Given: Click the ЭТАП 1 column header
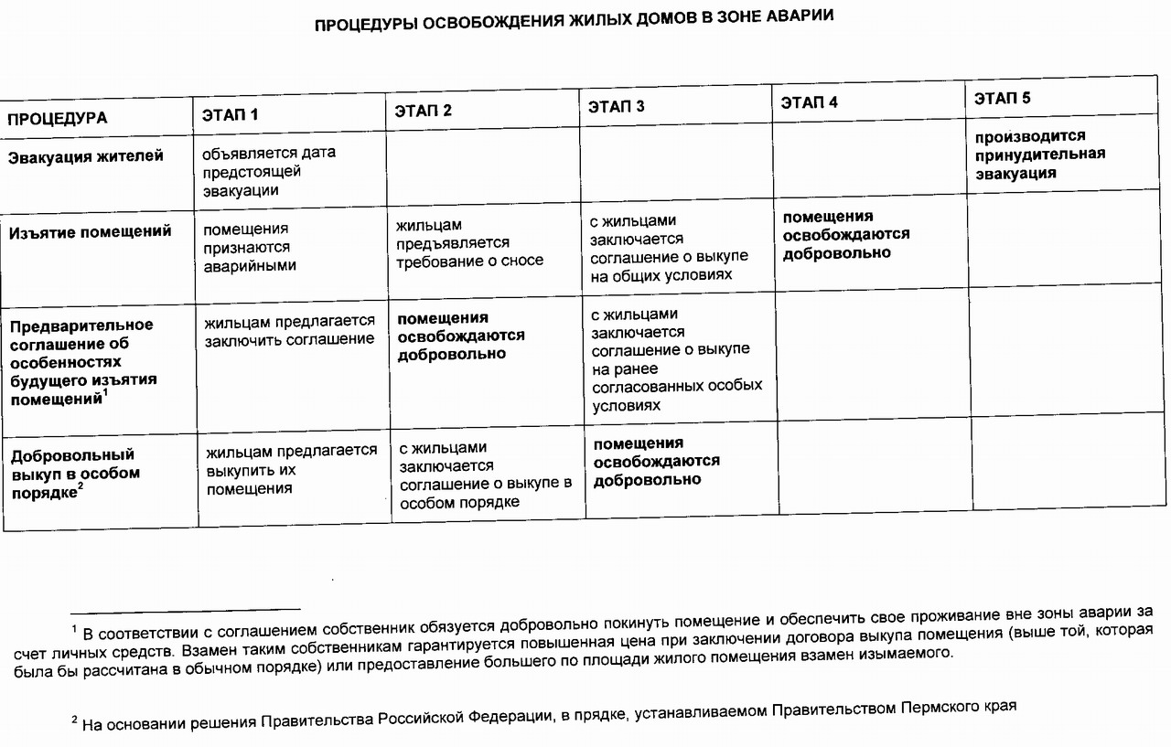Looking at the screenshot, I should (x=231, y=115).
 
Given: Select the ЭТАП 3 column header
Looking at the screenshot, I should (x=617, y=107).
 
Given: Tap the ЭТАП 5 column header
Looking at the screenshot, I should (x=1003, y=99).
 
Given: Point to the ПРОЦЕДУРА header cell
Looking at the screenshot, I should (x=58, y=119).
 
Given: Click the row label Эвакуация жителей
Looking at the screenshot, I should (x=86, y=156).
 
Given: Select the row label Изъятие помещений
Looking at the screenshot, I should (x=90, y=232).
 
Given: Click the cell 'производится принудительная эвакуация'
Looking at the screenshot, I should (x=1039, y=155).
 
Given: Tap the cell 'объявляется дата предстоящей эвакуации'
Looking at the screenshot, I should (x=269, y=172).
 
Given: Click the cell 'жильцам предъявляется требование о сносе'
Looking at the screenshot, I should (x=468, y=242).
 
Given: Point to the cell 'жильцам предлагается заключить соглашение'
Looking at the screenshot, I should (x=290, y=330).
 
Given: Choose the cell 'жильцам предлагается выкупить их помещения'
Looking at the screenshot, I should (x=291, y=469).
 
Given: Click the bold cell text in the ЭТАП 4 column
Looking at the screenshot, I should (x=845, y=234).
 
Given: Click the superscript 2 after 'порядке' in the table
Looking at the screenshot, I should (x=81, y=486).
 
